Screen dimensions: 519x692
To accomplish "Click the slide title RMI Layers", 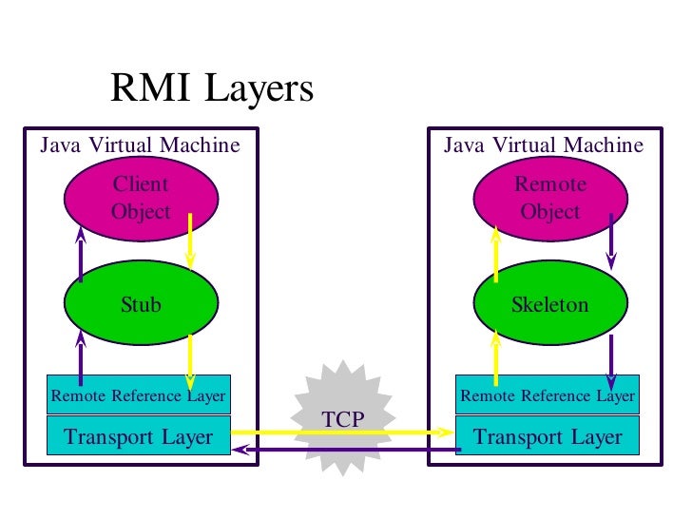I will coord(211,89).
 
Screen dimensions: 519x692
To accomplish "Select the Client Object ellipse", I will coord(141,198).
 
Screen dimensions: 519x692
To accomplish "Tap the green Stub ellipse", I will coord(141,305).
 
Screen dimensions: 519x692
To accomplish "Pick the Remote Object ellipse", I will coord(550,198).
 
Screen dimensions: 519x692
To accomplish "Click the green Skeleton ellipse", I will coord(550,305).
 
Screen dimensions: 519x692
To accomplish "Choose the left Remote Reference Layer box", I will coord(139,395).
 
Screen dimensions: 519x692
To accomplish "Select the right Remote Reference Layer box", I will coord(548,395).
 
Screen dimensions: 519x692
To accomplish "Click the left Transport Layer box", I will coord(139,437).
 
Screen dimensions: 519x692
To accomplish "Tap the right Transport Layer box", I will coord(548,437).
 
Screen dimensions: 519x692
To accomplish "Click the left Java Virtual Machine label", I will coord(139,145).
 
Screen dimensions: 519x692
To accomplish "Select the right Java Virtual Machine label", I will coord(544,145).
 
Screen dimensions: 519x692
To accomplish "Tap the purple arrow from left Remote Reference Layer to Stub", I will coord(81,356).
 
